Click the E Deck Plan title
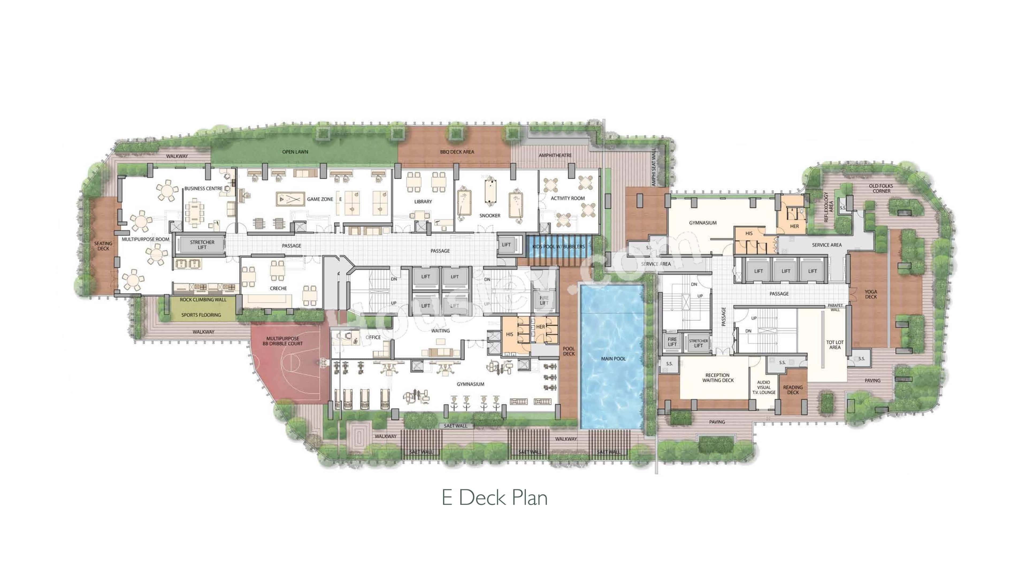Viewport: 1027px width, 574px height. (494, 498)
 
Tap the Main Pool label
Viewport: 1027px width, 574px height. (613, 359)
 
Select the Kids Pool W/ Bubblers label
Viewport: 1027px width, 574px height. (558, 247)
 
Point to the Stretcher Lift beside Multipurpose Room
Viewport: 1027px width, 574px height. (202, 245)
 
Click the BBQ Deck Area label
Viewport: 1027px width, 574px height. (457, 152)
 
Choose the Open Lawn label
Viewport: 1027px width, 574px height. (295, 152)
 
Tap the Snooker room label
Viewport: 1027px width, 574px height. (490, 216)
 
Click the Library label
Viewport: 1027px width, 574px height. (423, 202)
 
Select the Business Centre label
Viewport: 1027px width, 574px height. (203, 189)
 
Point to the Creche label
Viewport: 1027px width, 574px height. (278, 288)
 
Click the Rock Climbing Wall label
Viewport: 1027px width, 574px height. (203, 300)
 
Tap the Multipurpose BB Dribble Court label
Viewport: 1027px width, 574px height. (283, 341)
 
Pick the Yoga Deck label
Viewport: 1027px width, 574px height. (871, 294)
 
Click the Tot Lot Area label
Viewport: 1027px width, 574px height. (835, 345)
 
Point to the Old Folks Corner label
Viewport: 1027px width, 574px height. (881, 189)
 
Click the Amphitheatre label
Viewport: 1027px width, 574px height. (555, 155)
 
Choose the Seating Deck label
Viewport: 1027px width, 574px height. (103, 246)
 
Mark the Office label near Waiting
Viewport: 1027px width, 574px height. (373, 337)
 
